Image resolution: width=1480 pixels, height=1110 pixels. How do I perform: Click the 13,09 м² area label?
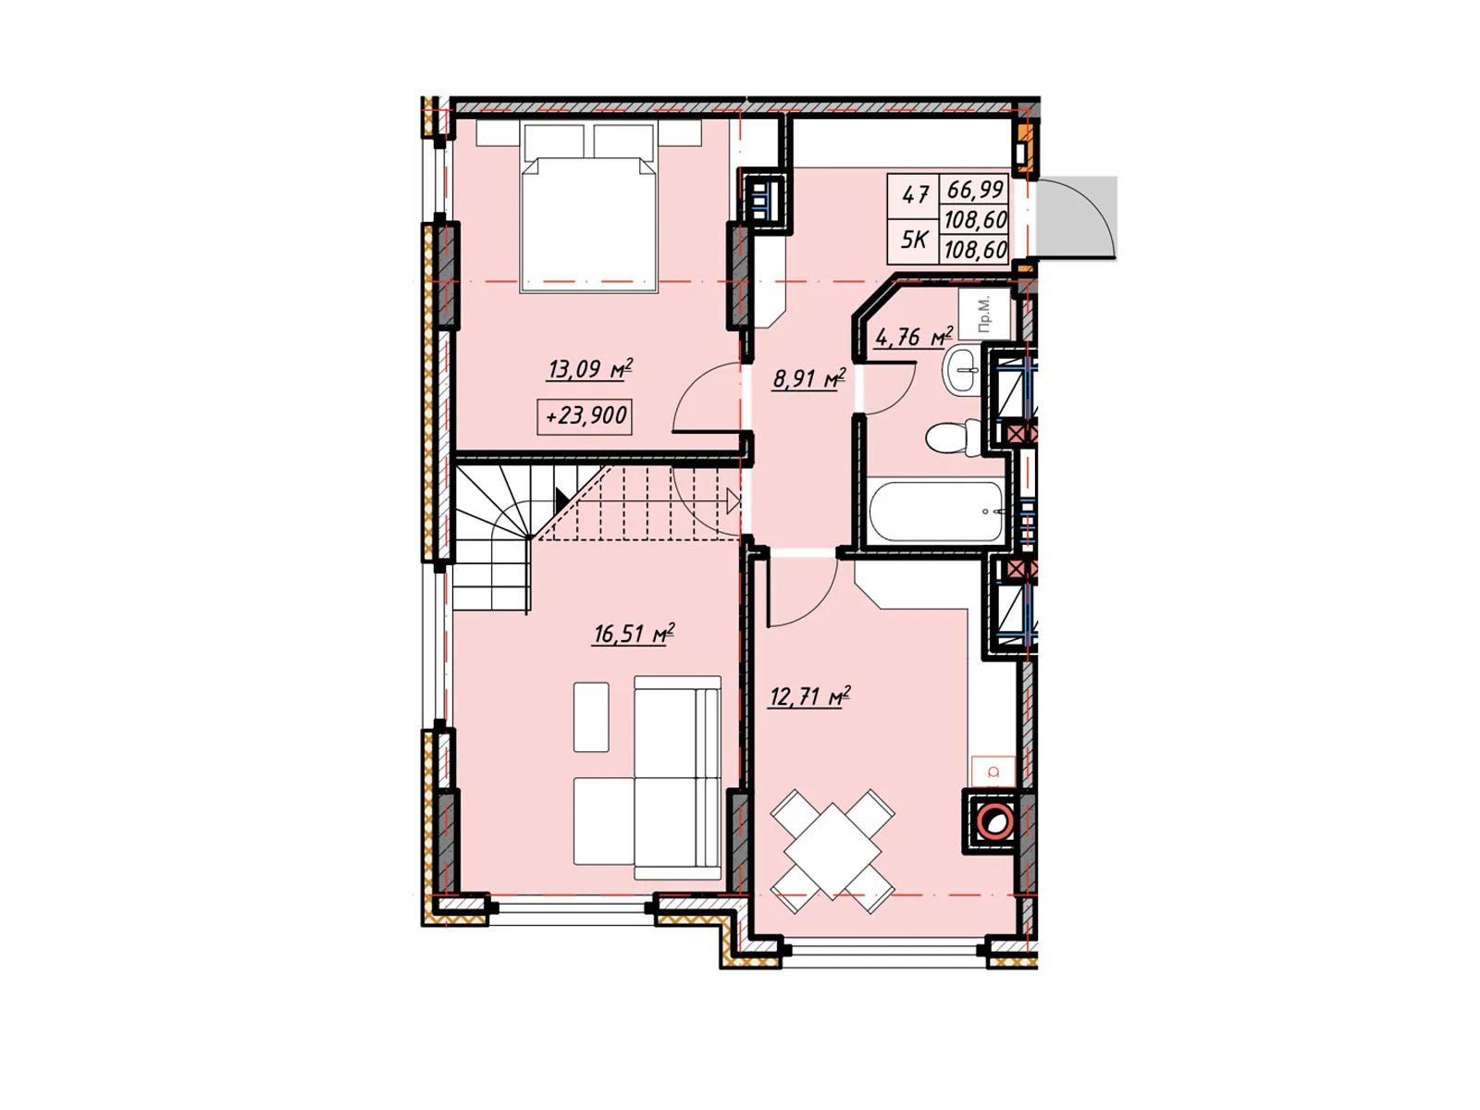(590, 370)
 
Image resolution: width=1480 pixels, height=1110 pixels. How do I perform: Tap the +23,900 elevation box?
(584, 416)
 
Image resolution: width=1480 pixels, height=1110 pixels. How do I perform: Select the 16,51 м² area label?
(633, 634)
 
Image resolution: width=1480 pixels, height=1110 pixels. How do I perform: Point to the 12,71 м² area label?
(809, 697)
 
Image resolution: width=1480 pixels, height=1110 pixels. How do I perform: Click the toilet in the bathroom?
(954, 438)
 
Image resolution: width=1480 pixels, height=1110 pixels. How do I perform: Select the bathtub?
(937, 511)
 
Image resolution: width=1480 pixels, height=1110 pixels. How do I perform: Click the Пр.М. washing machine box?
(984, 314)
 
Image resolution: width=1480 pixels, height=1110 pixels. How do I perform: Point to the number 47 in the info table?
(915, 195)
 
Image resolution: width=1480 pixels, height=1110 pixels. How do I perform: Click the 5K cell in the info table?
(914, 240)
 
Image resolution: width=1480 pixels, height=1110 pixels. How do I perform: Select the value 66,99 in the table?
(975, 190)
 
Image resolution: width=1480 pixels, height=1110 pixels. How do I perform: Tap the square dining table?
(832, 851)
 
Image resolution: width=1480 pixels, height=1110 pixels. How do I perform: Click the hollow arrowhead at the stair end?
(734, 501)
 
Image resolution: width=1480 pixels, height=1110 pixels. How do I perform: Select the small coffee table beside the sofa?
(591, 717)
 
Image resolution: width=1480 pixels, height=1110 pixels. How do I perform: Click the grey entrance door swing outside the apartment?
(1076, 217)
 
